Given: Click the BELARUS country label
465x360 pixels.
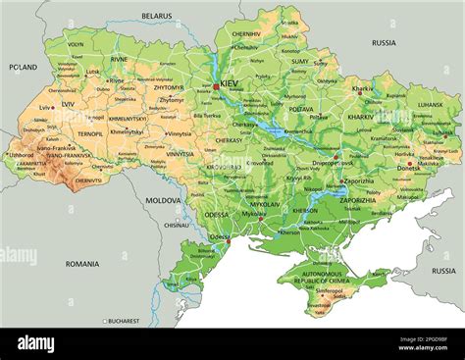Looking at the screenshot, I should click(156, 17).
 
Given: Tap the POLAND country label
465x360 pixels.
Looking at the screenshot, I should click(23, 68).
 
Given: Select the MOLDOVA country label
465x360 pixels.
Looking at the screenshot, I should click(163, 200).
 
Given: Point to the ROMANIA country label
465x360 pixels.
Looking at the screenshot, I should click(82, 264).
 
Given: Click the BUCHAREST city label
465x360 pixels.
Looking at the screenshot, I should click(125, 321).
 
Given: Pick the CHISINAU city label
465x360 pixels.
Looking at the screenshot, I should click(177, 225).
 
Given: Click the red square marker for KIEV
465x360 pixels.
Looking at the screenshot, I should click(217, 86).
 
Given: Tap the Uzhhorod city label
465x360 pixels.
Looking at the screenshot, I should click(23, 155).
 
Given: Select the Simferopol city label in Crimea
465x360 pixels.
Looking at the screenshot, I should click(330, 291).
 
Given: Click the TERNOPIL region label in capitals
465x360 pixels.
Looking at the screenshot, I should click(90, 133).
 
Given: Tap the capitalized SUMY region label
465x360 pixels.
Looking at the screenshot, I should click(300, 61).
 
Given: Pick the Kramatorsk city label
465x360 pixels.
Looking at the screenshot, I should click(385, 138).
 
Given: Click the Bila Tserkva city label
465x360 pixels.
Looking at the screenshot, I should click(207, 116).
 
